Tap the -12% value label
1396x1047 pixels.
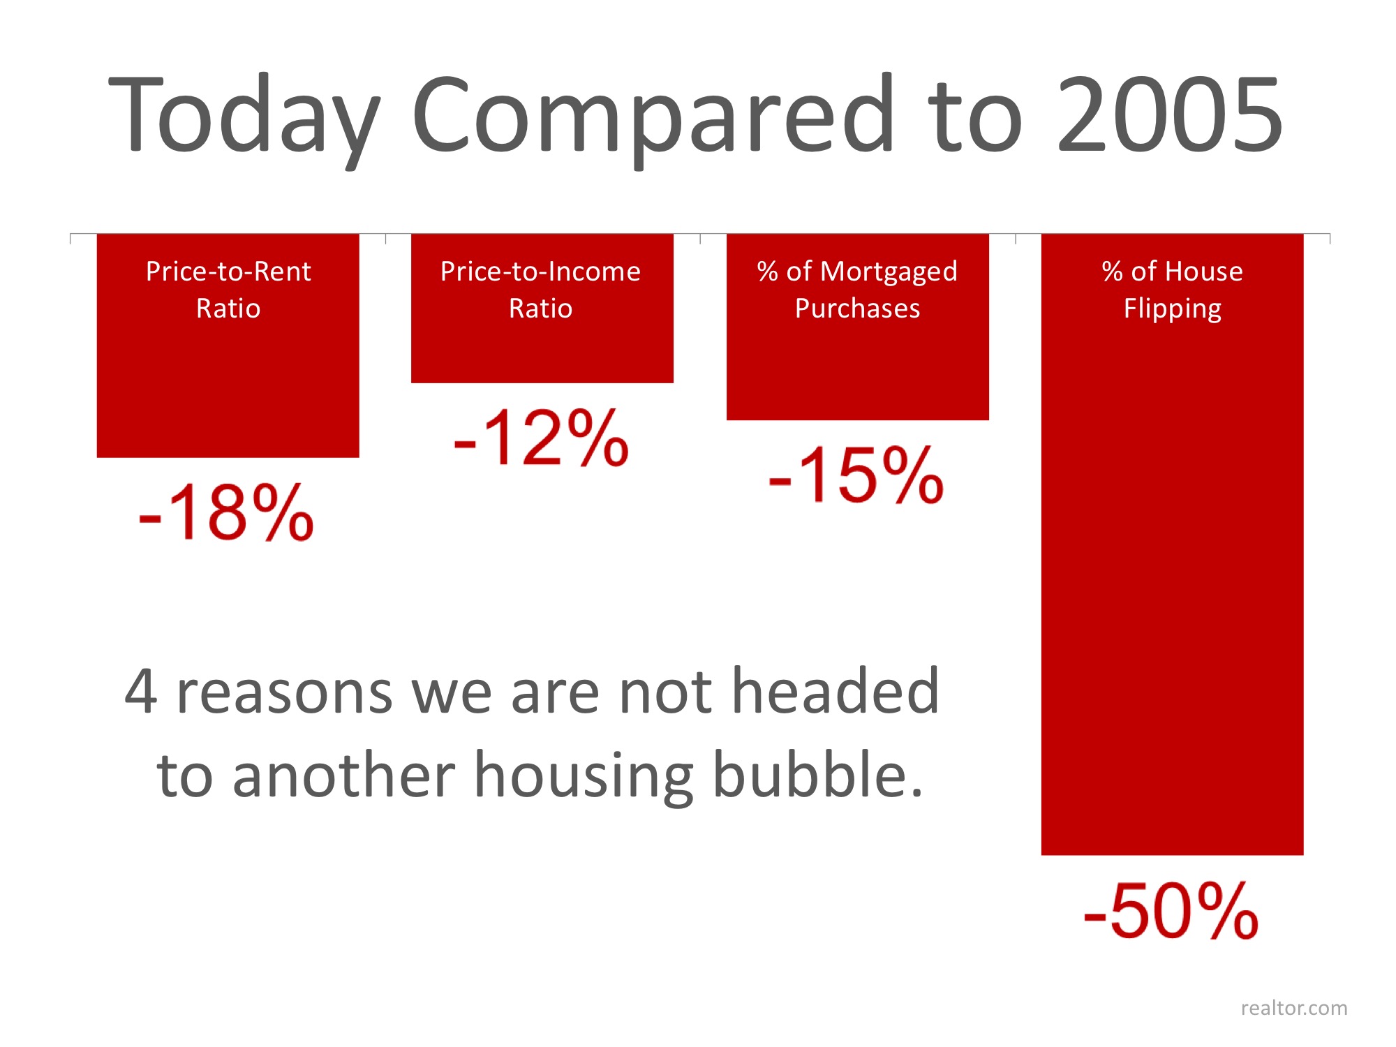click(541, 438)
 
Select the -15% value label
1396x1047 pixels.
click(856, 475)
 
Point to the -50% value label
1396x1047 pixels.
click(1171, 911)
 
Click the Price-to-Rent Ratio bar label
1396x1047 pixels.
click(228, 290)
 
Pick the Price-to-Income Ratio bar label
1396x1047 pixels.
click(540, 290)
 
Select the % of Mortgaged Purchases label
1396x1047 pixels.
click(857, 290)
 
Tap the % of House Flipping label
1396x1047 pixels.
click(1172, 290)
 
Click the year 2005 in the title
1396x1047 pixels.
click(1170, 115)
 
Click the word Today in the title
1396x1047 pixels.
click(244, 115)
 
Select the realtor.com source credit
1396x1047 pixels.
click(1293, 1008)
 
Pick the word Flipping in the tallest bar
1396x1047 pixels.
click(1172, 309)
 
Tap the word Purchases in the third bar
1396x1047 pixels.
click(857, 309)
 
